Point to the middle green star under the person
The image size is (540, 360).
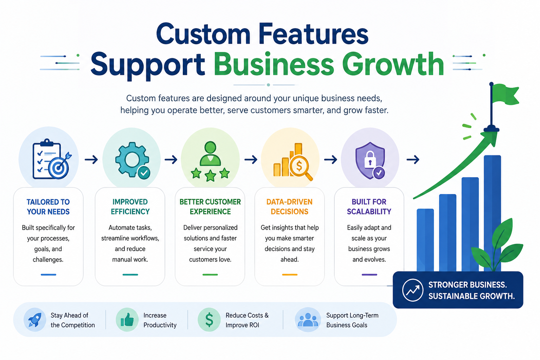click(210, 175)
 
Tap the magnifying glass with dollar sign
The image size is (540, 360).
click(300, 168)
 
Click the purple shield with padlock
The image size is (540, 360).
click(370, 160)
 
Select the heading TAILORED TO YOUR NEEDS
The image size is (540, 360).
click(48, 207)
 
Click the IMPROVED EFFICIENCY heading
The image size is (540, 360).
click(130, 207)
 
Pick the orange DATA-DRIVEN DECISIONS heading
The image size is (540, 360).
click(289, 207)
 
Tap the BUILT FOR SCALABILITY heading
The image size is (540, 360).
click(369, 207)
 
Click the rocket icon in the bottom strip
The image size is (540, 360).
click(35, 320)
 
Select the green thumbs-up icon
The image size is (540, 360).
click(127, 320)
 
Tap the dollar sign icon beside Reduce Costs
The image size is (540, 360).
click(209, 320)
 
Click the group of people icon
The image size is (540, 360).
click(308, 320)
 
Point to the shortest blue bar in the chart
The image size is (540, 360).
click(425, 240)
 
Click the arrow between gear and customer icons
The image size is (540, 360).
click(171, 159)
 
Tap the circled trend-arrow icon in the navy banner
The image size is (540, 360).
click(412, 290)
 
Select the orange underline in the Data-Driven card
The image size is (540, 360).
click(290, 275)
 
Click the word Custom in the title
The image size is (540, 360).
click(203, 34)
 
